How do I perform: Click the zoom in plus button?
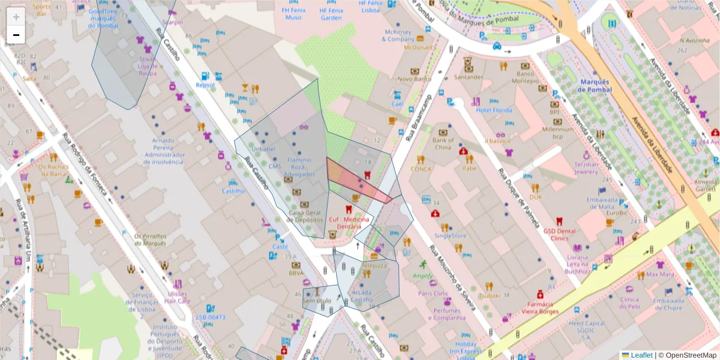click(16, 17)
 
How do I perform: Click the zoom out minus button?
click(16, 35)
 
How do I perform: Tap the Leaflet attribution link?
click(641, 355)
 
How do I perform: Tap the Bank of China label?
click(442, 144)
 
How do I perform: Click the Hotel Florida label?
click(494, 110)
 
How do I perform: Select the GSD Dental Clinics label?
click(559, 234)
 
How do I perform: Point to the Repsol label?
click(205, 85)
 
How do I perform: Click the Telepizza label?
click(374, 265)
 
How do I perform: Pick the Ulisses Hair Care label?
click(178, 298)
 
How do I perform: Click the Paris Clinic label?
click(433, 293)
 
